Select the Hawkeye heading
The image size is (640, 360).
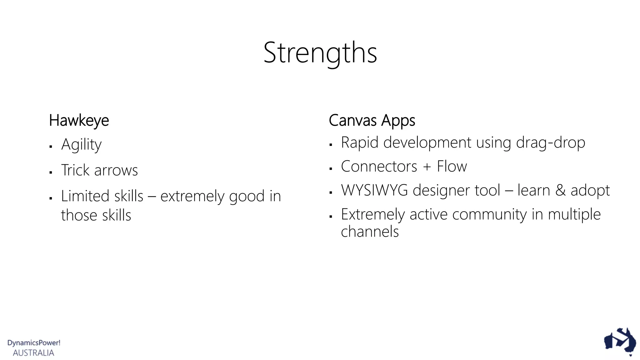[79, 121]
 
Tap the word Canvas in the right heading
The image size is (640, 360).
[352, 121]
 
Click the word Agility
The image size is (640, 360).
[81, 145]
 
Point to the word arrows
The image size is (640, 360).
[116, 171]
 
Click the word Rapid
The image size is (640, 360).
[359, 143]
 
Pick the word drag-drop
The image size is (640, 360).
[551, 143]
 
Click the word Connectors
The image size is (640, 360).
[379, 167]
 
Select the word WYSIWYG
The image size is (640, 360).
[374, 190]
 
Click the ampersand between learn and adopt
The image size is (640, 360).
[561, 191]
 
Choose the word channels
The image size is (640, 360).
[370, 232]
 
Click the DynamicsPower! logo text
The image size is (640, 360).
[34, 343]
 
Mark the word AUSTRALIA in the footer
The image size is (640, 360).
[33, 353]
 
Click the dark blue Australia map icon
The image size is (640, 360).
[620, 341]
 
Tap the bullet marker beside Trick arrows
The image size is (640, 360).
[51, 172]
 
